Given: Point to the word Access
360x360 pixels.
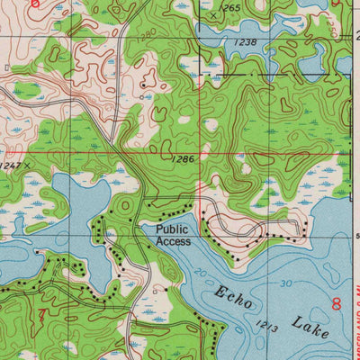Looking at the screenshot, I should coord(173,241).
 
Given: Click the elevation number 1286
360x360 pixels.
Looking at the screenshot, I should coord(183,159).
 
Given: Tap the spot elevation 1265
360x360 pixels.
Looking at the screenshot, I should coord(230,8).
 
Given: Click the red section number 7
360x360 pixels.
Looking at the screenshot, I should coord(41,314).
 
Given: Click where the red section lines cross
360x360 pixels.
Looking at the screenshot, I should coord(199,154).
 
